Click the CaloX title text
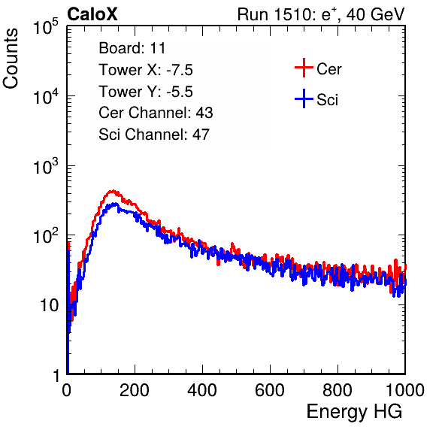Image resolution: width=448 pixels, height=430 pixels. point(92,14)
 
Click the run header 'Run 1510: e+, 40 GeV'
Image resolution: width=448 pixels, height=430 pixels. point(321,14)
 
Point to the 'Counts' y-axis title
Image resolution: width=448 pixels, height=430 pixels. point(11,59)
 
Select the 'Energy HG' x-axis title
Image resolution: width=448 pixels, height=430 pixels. point(354,411)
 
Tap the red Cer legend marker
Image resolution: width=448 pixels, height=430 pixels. point(304,68)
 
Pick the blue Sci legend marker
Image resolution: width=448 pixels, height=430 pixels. point(304,98)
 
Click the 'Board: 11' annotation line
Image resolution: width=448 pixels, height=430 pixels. point(132,47)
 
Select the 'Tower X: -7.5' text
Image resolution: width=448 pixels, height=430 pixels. point(146,70)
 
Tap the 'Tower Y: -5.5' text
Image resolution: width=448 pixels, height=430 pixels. point(146,92)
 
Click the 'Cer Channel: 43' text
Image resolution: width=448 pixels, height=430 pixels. point(156,113)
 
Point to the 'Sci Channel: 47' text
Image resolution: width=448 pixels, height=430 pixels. point(154,135)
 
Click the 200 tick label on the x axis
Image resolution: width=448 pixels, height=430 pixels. point(135,390)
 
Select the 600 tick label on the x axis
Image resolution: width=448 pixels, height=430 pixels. point(270,390)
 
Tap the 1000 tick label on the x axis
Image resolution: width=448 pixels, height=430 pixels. point(405,390)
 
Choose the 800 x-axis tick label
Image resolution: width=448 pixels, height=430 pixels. point(338,390)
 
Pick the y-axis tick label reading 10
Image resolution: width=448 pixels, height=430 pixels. point(49,306)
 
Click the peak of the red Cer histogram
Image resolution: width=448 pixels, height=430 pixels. point(113,191)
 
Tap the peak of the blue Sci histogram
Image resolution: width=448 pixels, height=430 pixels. point(115,204)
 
